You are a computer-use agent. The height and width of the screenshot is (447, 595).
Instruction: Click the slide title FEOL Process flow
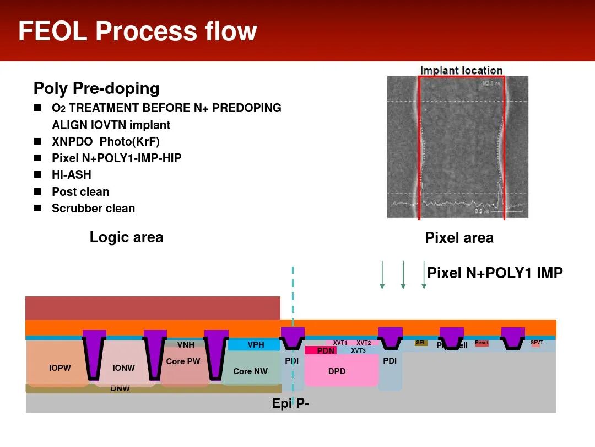coord(138,31)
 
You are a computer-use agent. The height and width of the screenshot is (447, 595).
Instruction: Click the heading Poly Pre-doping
coord(96,88)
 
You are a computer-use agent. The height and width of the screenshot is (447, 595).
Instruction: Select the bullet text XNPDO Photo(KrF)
coord(105,142)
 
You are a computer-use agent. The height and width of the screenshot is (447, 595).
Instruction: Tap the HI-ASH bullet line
coord(72,175)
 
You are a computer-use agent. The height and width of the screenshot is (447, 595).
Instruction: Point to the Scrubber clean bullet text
coord(93,209)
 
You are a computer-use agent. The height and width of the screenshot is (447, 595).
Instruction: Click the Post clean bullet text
coord(80,192)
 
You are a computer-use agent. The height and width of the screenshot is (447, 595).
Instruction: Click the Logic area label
coord(126,237)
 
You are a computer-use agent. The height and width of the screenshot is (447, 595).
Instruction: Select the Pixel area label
coord(459,238)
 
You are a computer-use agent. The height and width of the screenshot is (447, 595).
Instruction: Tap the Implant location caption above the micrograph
coord(461,71)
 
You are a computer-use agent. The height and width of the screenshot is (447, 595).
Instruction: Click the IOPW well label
coord(59,368)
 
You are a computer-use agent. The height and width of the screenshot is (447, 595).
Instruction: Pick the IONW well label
coord(123,368)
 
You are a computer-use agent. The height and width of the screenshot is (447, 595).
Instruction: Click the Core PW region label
coord(183,361)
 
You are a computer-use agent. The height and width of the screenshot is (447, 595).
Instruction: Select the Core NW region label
coord(250,371)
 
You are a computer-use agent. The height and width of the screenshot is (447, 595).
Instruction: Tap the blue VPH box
coord(256,345)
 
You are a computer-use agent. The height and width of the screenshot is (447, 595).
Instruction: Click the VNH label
coord(186,345)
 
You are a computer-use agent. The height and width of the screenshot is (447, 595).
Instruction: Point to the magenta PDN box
coord(326,350)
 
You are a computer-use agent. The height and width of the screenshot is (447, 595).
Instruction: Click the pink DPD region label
coord(337,371)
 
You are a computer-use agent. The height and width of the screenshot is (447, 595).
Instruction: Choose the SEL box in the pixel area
coord(421,343)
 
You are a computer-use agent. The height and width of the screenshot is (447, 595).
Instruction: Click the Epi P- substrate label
coord(290,403)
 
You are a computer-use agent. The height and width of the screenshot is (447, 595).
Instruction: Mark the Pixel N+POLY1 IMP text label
coord(495,273)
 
